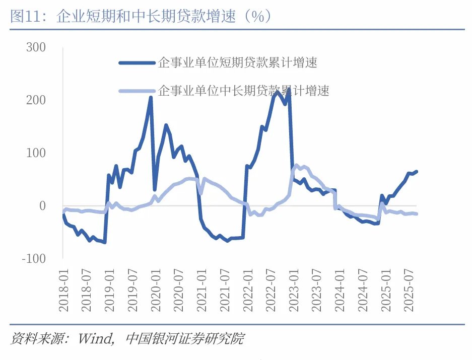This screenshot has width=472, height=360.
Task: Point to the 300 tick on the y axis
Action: pyautogui.click(x=35, y=47)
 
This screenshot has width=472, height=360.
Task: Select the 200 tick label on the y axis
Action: pyautogui.click(x=35, y=100)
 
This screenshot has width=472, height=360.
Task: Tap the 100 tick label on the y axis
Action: pyautogui.click(x=35, y=153)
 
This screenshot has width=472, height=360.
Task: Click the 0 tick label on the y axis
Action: pyautogui.click(x=42, y=206)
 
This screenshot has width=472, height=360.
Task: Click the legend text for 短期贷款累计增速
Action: pyautogui.click(x=238, y=63)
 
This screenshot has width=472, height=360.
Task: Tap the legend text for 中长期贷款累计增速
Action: pyautogui.click(x=244, y=91)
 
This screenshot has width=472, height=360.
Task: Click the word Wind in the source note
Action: pyautogui.click(x=95, y=338)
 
